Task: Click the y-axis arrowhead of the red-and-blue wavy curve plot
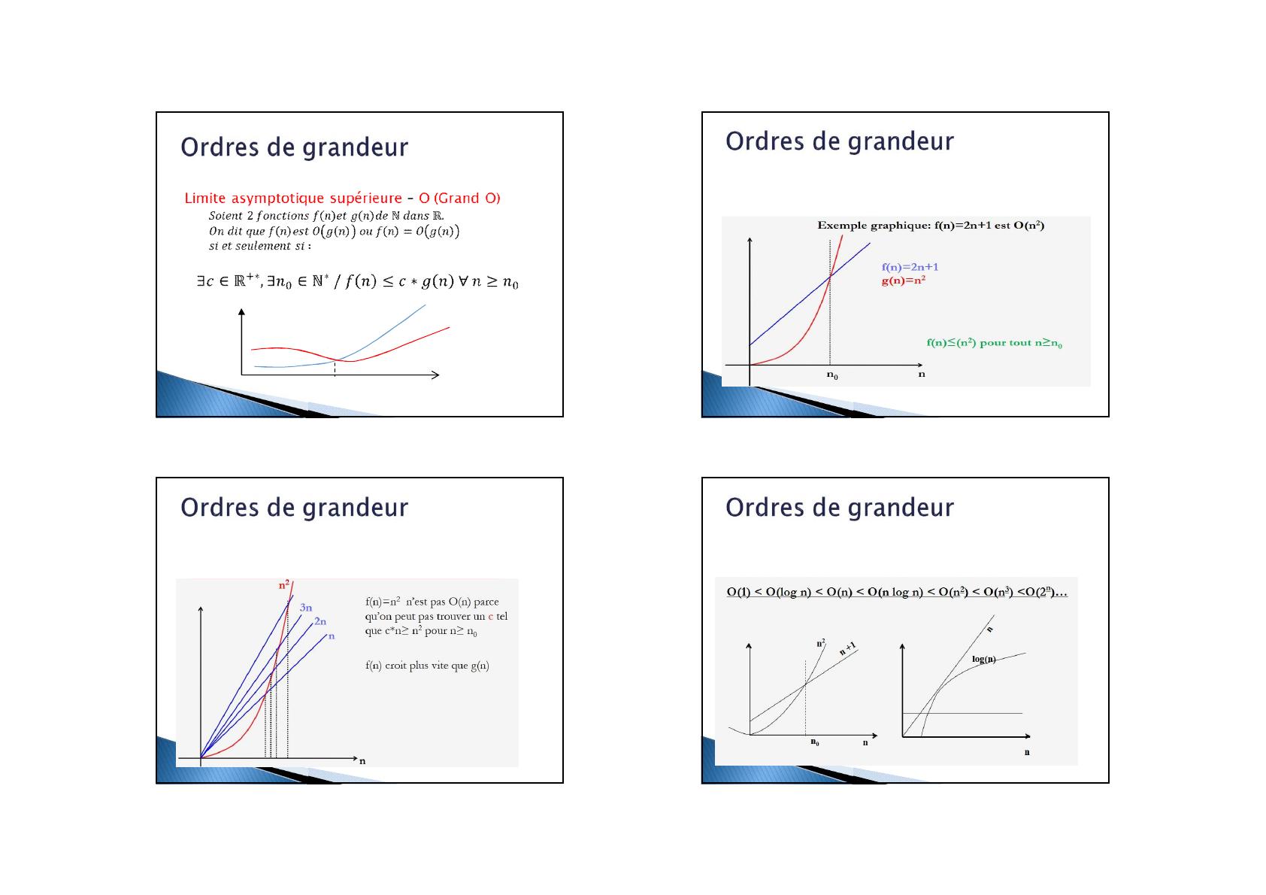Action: tap(241, 311)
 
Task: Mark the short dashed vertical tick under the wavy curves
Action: tap(335, 369)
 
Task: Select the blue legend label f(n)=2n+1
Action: tap(910, 267)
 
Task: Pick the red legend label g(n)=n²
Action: tap(903, 280)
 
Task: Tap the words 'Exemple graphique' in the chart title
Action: tap(872, 226)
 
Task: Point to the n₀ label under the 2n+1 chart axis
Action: tap(832, 375)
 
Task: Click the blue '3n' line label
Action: tap(306, 608)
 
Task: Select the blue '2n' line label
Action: tap(320, 621)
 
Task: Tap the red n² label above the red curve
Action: tap(283, 584)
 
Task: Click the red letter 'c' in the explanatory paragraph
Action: tap(491, 617)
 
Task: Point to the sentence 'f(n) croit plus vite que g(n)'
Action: tap(427, 666)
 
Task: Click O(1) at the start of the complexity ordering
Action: tap(739, 592)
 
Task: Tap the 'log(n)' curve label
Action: tap(984, 659)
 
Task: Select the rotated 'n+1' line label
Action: tap(848, 648)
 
